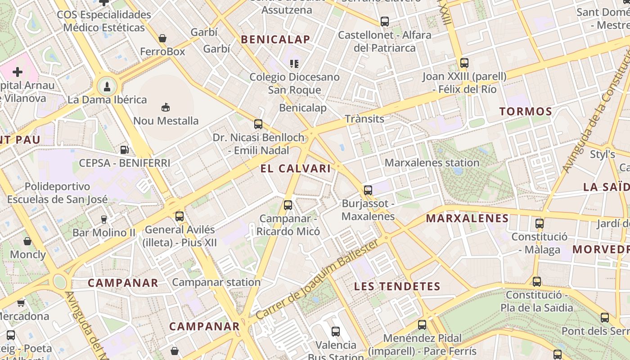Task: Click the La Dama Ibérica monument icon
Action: tap(107, 85)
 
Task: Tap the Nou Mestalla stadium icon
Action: tap(166, 107)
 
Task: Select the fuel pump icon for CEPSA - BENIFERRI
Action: tap(125, 149)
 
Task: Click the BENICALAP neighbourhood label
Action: tap(275, 40)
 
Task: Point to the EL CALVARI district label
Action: tap(295, 169)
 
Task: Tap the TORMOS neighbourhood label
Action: tap(526, 112)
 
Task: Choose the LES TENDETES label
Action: tap(397, 286)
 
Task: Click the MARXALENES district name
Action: tap(467, 219)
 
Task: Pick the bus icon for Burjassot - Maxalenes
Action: tap(368, 190)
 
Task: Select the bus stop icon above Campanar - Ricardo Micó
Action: tap(288, 205)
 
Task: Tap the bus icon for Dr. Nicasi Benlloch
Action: tap(258, 124)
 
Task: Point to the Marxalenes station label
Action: tap(432, 162)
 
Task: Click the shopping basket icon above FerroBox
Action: tap(162, 38)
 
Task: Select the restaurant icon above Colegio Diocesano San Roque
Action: tap(294, 63)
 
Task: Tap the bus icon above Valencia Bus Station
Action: tap(336, 332)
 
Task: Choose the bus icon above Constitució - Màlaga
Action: tap(540, 223)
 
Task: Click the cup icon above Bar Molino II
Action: tap(104, 219)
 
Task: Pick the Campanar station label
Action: tap(216, 282)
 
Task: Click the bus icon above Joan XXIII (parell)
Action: tap(464, 63)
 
